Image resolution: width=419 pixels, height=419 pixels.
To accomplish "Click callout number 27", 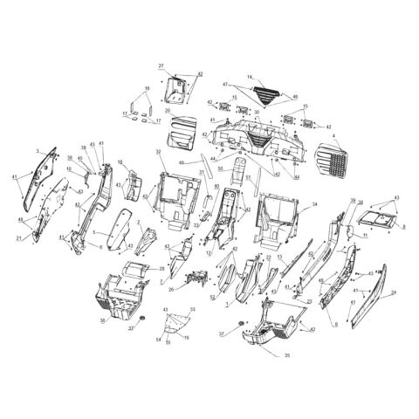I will [x=161, y=66].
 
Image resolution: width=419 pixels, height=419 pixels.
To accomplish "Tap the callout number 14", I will [x=249, y=78].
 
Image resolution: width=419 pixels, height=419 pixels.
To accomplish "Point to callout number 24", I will [x=393, y=292].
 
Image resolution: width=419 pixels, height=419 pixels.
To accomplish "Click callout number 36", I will [x=104, y=322].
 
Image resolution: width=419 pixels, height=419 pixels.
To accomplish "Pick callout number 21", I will [x=18, y=237].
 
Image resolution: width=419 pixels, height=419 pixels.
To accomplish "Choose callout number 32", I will [x=159, y=152].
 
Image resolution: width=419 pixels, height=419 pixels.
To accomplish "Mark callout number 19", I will [x=186, y=337].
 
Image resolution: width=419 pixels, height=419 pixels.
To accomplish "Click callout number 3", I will [x=38, y=151].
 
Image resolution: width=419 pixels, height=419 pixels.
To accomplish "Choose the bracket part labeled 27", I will [x=177, y=86].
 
